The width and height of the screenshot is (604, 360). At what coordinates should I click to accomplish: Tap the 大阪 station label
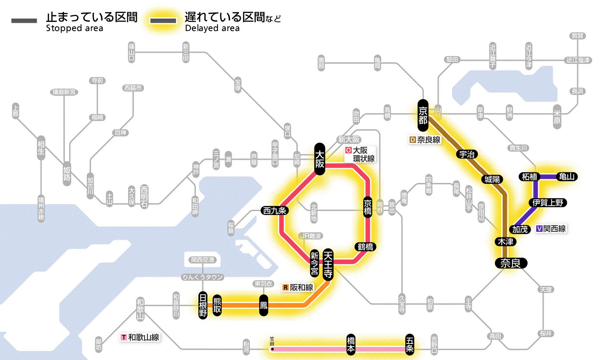(320, 159)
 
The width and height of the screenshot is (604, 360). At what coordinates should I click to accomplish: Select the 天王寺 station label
(327, 265)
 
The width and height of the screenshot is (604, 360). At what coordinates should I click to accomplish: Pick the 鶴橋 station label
(365, 247)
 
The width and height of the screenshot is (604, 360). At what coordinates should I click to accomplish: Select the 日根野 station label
(203, 305)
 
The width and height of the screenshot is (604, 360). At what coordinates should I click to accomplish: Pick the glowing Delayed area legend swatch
(163, 21)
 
